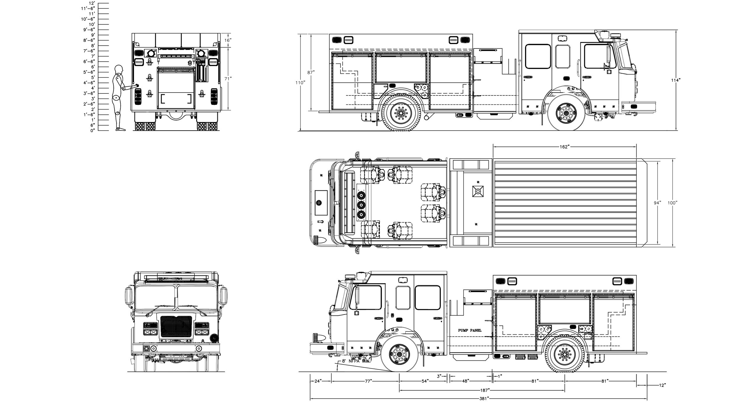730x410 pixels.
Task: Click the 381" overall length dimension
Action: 484,399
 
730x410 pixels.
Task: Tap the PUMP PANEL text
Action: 470,330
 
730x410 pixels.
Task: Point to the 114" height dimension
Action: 676,80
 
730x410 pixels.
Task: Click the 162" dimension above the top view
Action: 564,147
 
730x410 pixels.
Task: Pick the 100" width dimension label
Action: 672,203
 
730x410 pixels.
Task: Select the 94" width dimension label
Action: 657,203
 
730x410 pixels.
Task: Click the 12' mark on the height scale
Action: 92,3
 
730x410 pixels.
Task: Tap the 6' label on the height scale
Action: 93,67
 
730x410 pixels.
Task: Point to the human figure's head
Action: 119,70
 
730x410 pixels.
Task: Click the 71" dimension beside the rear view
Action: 228,78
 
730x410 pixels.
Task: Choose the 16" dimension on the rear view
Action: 228,40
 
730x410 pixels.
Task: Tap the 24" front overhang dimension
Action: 318,381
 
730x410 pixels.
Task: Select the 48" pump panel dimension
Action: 465,381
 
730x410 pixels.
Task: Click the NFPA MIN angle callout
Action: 356,361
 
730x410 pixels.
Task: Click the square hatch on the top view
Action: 478,191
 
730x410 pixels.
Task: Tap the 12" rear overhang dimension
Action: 662,385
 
